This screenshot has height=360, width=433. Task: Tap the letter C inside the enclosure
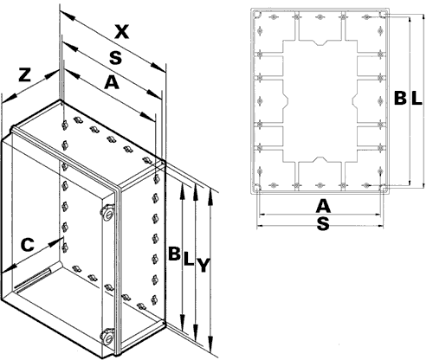tap(29, 246)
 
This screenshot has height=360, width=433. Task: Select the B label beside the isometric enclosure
tap(173, 256)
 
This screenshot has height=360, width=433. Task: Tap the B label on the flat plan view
tap(399, 100)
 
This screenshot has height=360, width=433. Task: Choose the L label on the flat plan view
tap(417, 100)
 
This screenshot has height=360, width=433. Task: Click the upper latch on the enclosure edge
tap(110, 212)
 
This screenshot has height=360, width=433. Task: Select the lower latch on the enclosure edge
tap(109, 336)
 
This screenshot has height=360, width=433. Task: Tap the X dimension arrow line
tap(113, 42)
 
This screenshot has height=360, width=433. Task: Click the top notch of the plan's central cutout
tap(320, 43)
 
